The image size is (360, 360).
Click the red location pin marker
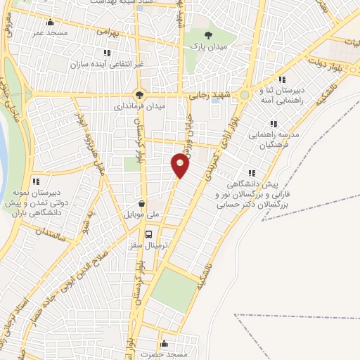click(181, 166)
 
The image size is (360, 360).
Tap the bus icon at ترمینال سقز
click(148, 235)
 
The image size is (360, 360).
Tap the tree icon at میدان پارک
click(207, 34)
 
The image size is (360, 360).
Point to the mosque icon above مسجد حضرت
click(165, 344)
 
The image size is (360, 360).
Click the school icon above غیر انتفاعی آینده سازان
click(106, 52)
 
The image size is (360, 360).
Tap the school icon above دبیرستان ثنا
click(283, 79)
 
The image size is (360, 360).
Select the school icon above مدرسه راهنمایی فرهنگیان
click(274, 123)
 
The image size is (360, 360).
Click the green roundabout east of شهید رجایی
click(244, 95)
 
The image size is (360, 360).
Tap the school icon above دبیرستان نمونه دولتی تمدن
click(36, 182)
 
